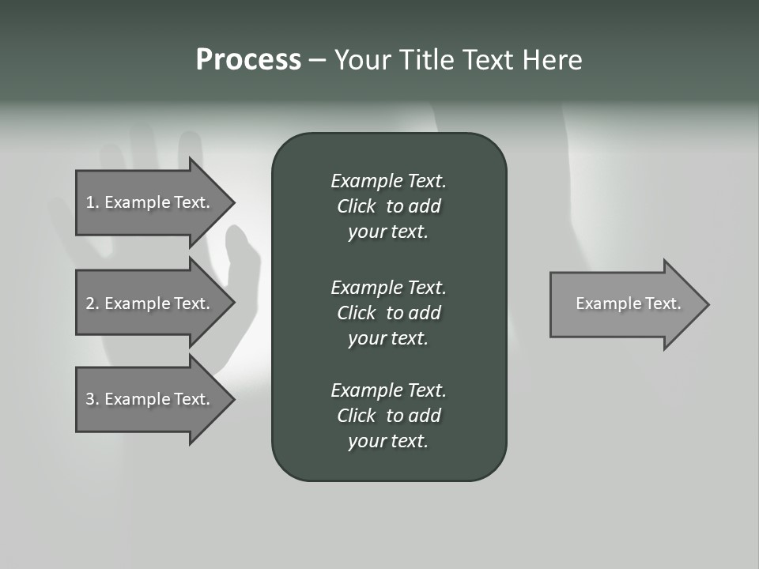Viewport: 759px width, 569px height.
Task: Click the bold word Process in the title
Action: point(248,60)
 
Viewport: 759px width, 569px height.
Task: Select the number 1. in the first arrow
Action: point(93,202)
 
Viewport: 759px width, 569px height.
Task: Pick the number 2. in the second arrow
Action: point(93,303)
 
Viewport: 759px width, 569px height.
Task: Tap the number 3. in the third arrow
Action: point(93,399)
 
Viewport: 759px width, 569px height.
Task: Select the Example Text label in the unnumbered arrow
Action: point(629,303)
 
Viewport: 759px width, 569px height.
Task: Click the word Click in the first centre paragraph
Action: point(356,206)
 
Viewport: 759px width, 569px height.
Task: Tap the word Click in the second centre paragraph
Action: point(356,313)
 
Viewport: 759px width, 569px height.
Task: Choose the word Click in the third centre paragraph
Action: point(356,416)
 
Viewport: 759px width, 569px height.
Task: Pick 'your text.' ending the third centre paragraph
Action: point(388,441)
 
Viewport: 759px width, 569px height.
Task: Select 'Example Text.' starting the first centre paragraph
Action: point(388,181)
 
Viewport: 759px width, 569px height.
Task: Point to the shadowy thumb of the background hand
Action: point(241,261)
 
